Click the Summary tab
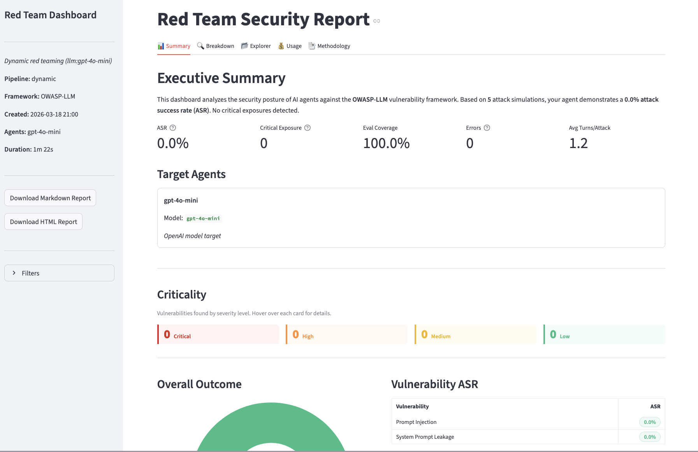click(x=174, y=46)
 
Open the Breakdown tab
click(x=216, y=46)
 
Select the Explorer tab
click(x=256, y=46)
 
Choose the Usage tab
click(x=290, y=46)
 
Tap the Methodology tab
click(x=329, y=46)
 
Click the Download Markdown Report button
click(x=50, y=198)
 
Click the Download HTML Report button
click(x=44, y=222)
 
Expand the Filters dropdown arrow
click(x=14, y=273)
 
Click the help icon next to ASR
click(x=173, y=128)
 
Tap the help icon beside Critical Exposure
click(x=308, y=128)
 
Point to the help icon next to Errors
click(x=487, y=128)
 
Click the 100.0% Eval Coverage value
click(x=386, y=143)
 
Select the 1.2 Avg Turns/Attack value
click(x=578, y=143)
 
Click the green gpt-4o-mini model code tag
click(x=203, y=219)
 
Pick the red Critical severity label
click(x=182, y=336)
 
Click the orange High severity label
click(x=308, y=336)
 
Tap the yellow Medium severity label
click(x=441, y=336)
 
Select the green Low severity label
click(x=565, y=336)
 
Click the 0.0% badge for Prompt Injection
click(x=650, y=422)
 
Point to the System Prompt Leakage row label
click(x=425, y=437)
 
